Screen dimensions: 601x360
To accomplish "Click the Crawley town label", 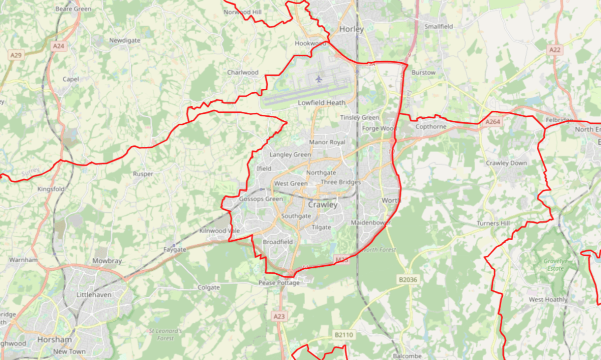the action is [x=323, y=205].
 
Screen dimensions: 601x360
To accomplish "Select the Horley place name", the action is [x=351, y=29].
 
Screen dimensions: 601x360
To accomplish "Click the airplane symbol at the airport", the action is [x=319, y=79].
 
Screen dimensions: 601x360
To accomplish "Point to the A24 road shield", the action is [x=58, y=46].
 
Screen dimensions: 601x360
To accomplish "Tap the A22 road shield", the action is [x=554, y=50].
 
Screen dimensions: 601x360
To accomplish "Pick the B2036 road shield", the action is [x=409, y=279].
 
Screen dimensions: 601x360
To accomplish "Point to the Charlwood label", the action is [x=243, y=72].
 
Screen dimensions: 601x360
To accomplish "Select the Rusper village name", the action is [x=143, y=174].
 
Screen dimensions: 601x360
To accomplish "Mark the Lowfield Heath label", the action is [x=322, y=103].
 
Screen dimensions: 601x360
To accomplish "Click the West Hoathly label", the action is [x=548, y=300].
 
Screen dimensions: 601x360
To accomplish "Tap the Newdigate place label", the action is [x=124, y=40].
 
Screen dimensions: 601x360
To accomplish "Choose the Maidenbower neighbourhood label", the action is [x=370, y=222].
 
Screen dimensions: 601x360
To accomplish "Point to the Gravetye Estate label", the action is [x=554, y=265].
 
